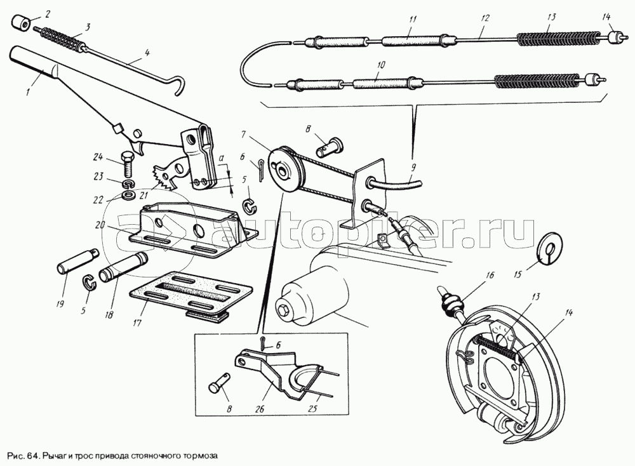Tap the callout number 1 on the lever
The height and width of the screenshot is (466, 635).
27,92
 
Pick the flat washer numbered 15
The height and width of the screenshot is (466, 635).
549,248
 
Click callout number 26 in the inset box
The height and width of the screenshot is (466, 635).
260,409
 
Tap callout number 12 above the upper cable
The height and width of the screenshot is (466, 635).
485,18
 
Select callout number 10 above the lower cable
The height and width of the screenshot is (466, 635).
380,65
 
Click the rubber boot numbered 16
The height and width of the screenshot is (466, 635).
451,303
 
